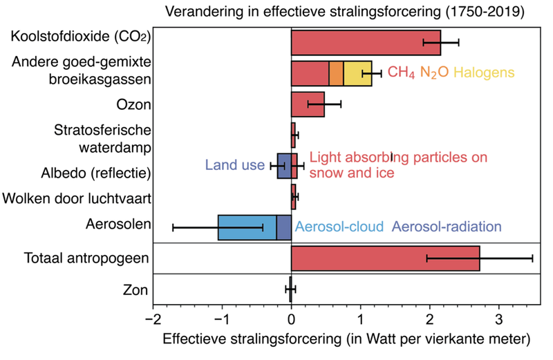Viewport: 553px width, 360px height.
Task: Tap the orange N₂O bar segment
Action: coord(336,73)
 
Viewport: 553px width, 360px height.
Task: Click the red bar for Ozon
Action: coord(308,104)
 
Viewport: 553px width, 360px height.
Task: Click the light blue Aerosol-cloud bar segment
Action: coord(247,227)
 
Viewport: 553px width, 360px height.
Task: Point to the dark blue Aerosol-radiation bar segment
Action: coord(283,227)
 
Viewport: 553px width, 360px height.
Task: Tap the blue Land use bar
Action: coord(284,166)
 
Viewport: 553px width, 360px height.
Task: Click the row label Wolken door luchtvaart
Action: coord(77,199)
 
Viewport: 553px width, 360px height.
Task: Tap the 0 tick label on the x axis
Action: coord(291,320)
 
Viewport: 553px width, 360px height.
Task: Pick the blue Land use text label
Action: coord(234,165)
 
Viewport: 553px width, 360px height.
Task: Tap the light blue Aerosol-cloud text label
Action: coord(339,227)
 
